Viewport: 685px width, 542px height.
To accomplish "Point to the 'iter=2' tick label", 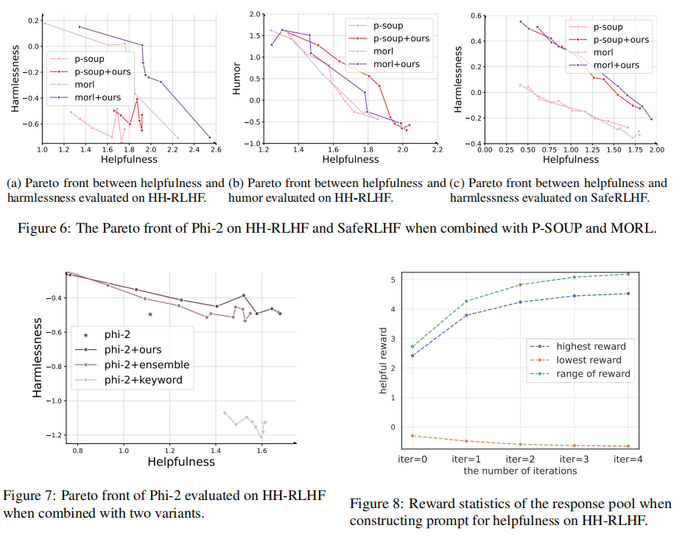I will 520,460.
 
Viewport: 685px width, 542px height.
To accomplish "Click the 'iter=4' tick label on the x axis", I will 627,460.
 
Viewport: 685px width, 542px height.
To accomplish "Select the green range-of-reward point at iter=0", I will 413,347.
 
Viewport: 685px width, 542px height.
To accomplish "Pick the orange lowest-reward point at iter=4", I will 627,446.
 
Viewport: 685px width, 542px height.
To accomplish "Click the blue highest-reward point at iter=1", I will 466,315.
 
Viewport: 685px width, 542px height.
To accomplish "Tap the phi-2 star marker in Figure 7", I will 150,314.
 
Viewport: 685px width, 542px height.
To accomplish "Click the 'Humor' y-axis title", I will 236,78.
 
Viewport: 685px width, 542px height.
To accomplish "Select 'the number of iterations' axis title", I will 520,471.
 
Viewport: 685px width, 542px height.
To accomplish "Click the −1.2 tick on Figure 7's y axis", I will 51,436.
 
